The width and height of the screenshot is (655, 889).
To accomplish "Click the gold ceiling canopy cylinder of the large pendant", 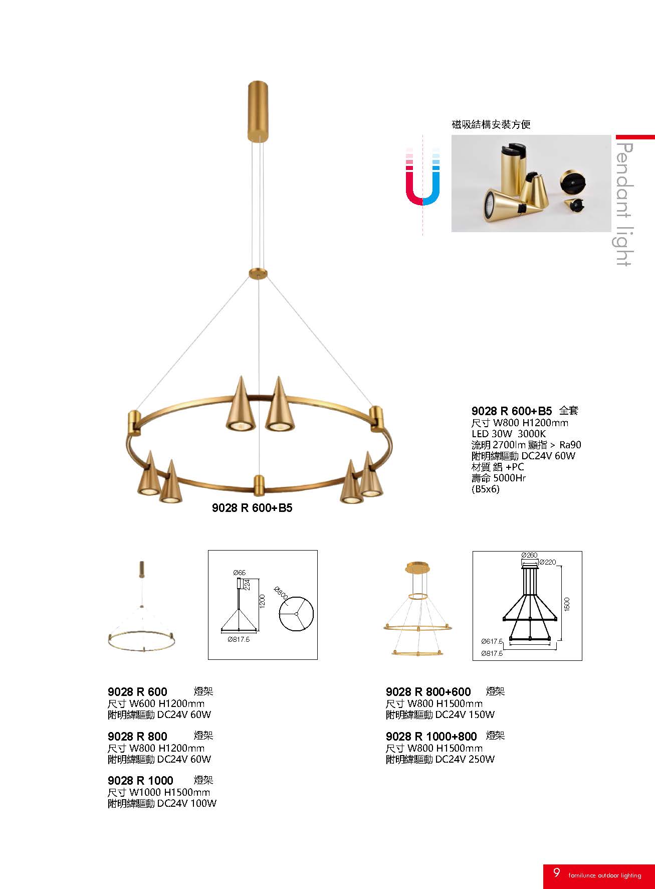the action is tap(258, 110).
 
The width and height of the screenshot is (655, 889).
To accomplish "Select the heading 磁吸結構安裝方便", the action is tap(491, 124).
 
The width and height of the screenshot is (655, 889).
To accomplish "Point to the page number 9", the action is tap(556, 872).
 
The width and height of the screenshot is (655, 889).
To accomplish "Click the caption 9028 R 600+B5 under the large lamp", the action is tap(252, 508).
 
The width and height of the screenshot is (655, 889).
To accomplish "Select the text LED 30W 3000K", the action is tap(508, 434).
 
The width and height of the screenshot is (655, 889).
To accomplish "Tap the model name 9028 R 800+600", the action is tap(428, 692).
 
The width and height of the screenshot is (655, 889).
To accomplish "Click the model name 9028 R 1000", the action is tap(140, 781).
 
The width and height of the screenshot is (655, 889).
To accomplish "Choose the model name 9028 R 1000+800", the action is tap(431, 737).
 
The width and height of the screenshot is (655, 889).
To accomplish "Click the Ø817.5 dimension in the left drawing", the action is tap(239, 639).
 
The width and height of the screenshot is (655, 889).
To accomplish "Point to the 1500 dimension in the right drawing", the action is tap(567, 604).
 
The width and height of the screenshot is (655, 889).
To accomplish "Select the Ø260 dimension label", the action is tap(529, 555).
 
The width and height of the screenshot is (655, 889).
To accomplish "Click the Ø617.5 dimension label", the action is tap(492, 641).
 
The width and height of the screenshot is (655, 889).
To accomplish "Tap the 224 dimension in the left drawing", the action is tap(247, 585).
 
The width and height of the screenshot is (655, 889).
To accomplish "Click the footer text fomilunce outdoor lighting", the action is tap(605, 875).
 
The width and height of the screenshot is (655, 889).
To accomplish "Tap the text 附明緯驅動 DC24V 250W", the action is tap(440, 759).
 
